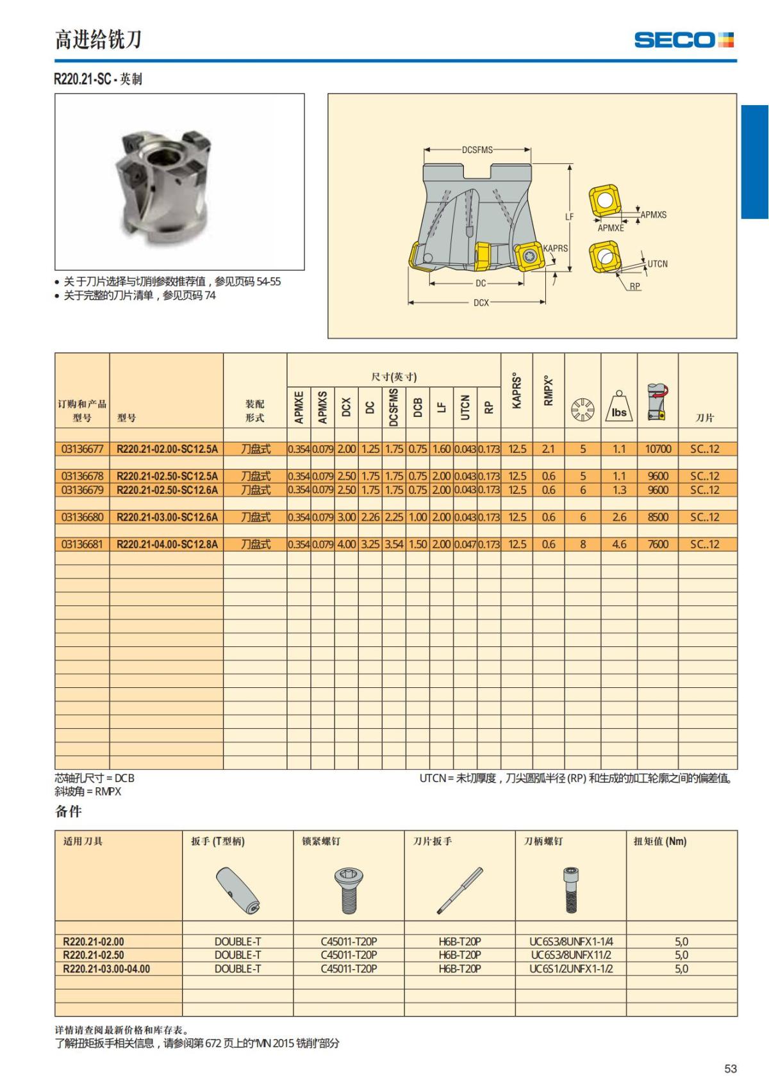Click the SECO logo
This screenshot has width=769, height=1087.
pyautogui.click(x=684, y=40)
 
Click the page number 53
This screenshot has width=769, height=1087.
pyautogui.click(x=730, y=1068)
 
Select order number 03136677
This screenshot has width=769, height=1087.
pyautogui.click(x=82, y=449)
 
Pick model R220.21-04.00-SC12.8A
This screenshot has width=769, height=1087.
pyautogui.click(x=167, y=544)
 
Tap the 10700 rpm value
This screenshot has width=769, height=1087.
pyautogui.click(x=657, y=449)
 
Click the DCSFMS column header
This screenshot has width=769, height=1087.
pyautogui.click(x=393, y=407)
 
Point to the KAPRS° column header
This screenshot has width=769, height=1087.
pyautogui.click(x=517, y=391)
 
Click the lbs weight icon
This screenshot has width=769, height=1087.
pyautogui.click(x=618, y=408)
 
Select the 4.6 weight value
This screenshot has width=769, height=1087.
pyautogui.click(x=618, y=544)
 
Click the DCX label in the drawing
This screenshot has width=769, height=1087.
pyautogui.click(x=481, y=302)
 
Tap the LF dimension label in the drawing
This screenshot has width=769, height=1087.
pyautogui.click(x=569, y=217)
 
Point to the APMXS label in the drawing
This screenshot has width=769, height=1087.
pyautogui.click(x=654, y=215)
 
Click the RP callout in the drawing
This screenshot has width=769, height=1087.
pyautogui.click(x=634, y=286)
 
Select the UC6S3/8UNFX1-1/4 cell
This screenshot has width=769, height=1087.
pyautogui.click(x=570, y=942)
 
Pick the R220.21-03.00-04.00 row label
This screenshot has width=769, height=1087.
pyautogui.click(x=106, y=968)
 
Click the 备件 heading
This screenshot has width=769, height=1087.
pyautogui.click(x=69, y=812)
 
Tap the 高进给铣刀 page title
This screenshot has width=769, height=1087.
pyautogui.click(x=97, y=40)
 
